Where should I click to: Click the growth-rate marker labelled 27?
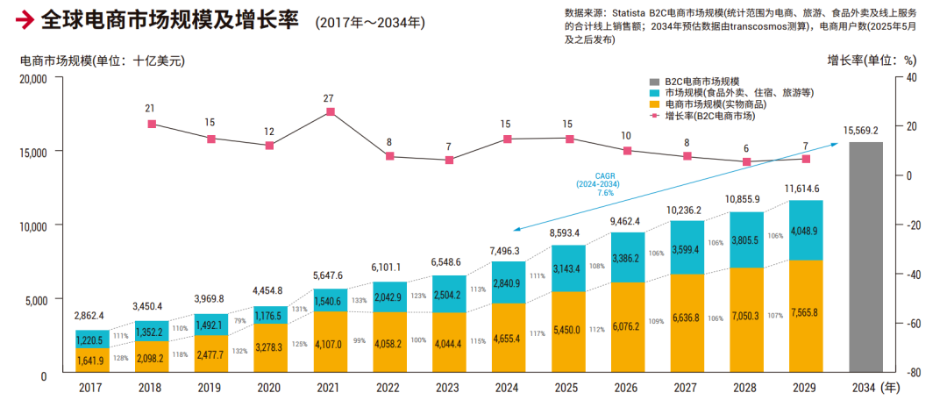click(x=330, y=111)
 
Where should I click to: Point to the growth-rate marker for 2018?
click(x=151, y=124)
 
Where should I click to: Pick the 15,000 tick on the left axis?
click(x=33, y=151)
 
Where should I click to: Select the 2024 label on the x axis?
click(x=507, y=386)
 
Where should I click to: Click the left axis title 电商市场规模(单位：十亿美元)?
click(x=103, y=61)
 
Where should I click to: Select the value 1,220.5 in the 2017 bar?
click(x=92, y=339)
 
